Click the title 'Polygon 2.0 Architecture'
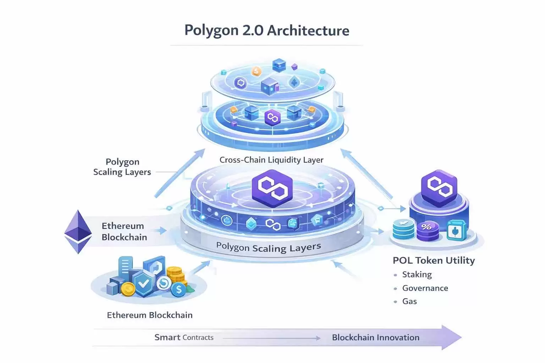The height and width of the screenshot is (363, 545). tap(267, 30)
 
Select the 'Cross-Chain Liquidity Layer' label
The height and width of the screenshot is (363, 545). tap(271, 160)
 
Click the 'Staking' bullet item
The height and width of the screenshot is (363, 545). tap(417, 274)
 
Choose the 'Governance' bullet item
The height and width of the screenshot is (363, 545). tap(425, 288)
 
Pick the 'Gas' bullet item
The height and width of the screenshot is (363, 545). tap(409, 301)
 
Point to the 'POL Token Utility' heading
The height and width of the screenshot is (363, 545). tap(433, 261)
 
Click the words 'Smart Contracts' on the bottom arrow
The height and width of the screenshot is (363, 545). tap(184, 337)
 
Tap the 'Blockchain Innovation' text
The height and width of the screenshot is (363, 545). tap(375, 337)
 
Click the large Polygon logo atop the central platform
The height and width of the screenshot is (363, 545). tap(272, 188)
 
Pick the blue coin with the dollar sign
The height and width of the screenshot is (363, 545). tap(178, 290)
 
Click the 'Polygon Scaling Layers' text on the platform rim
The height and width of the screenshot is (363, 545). tap(268, 247)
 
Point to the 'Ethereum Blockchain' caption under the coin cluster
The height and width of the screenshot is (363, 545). tap(149, 315)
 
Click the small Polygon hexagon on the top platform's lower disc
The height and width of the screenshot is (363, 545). tap(272, 118)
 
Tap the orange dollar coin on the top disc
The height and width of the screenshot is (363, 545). tap(256, 72)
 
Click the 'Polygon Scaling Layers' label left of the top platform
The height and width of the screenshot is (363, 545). tap(122, 167)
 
